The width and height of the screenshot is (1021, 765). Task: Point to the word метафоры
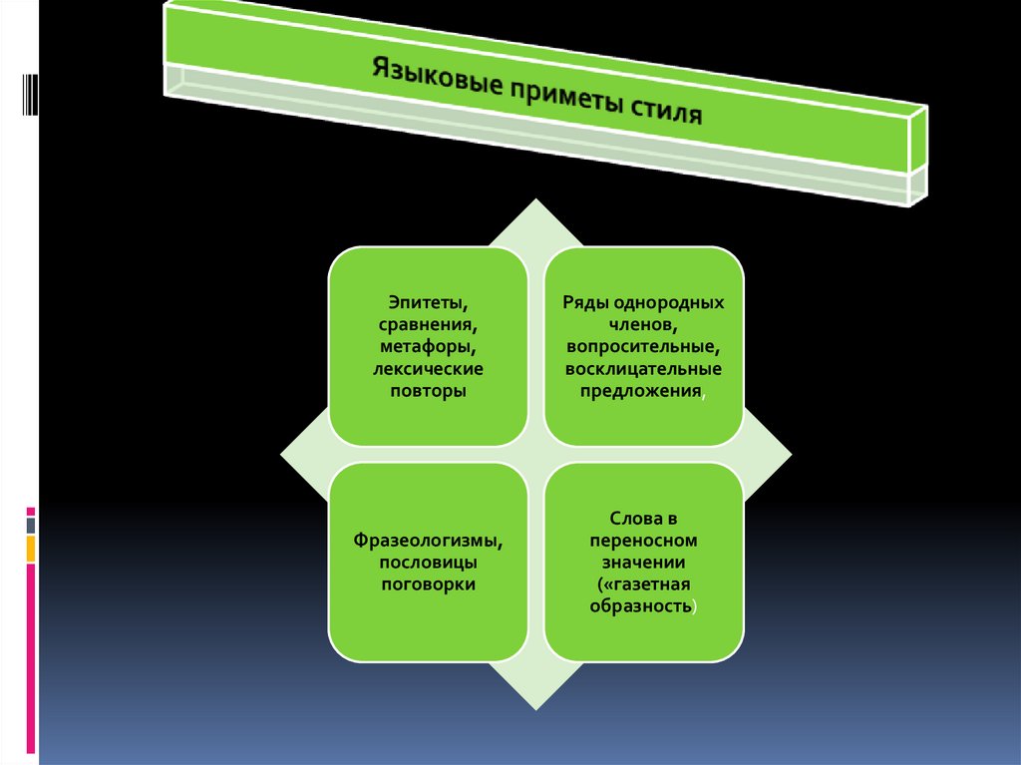[x=429, y=346]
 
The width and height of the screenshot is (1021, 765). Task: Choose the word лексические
[x=429, y=369]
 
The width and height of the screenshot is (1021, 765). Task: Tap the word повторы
[x=429, y=392]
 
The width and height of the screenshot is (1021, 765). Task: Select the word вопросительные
[x=643, y=348]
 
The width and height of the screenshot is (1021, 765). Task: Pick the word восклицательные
[x=643, y=370]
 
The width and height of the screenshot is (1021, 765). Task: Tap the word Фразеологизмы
[x=428, y=540]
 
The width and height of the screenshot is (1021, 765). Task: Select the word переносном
[x=643, y=541]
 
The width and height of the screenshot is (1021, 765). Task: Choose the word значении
[x=643, y=563]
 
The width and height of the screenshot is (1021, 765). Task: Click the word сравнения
[x=429, y=324]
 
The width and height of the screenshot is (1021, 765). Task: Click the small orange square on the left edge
[x=31, y=548]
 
